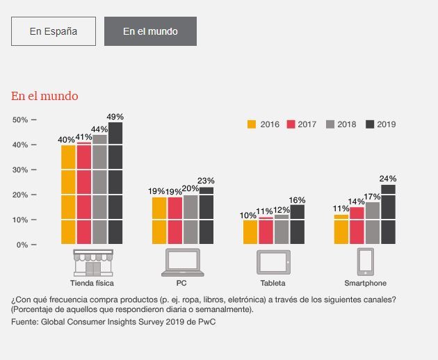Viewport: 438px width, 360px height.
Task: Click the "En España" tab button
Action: [54, 31]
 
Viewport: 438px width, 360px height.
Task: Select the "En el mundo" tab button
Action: [150, 31]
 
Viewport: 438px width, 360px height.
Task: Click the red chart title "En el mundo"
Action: [44, 96]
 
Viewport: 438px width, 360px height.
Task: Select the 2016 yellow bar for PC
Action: [159, 220]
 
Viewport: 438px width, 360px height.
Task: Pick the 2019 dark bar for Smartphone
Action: [388, 214]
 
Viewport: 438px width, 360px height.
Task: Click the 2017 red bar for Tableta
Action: [266, 231]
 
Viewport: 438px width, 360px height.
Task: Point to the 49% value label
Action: [115, 116]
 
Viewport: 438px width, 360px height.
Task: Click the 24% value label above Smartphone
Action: [388, 179]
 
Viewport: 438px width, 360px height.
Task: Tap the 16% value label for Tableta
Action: [298, 199]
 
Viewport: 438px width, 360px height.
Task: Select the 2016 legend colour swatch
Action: [252, 124]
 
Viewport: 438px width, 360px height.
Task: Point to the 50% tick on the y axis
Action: [20, 120]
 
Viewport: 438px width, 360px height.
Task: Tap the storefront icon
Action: [92, 262]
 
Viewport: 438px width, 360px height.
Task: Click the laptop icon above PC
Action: [182, 262]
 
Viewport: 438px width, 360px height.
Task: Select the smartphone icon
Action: [366, 262]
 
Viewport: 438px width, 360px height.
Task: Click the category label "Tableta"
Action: [273, 283]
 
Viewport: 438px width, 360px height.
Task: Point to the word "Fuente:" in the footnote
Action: [24, 322]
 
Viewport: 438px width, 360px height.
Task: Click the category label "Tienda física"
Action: [92, 283]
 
